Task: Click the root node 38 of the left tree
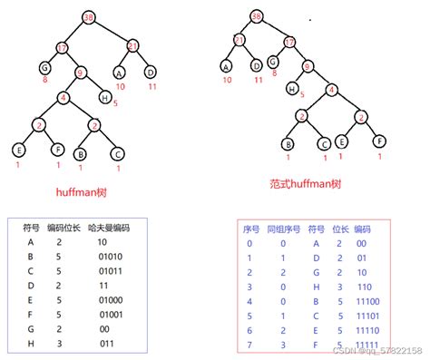tap(87, 18)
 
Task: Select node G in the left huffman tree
tap(44, 67)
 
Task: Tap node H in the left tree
tap(105, 97)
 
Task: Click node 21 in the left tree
tap(132, 45)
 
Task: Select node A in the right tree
tap(226, 65)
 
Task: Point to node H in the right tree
tap(293, 89)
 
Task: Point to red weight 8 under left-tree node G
tap(44, 81)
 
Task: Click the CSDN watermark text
tap(381, 350)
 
